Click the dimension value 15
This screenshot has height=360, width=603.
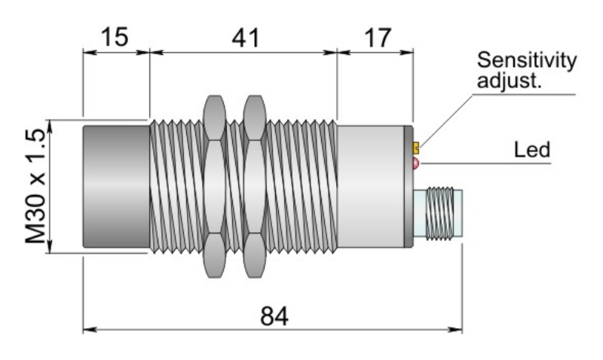pos(116,37)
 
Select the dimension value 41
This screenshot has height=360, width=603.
pos(243,37)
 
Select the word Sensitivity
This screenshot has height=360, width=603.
pos(528,60)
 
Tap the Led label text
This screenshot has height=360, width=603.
pos(532,149)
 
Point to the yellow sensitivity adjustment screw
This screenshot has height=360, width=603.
pos(416,146)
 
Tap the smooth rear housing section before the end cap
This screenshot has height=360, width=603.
pos(372,185)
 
